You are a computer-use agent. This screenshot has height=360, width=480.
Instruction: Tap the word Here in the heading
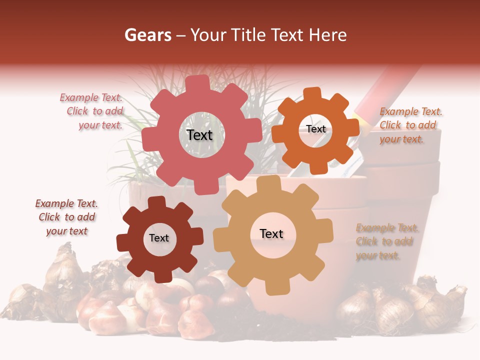click(328, 35)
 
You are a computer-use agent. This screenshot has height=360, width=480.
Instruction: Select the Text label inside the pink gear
click(199, 135)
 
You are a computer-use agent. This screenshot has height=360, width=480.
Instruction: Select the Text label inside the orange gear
click(315, 129)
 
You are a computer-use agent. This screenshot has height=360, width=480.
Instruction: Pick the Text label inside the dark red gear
click(159, 238)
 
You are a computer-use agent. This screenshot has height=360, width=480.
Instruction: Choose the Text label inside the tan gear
click(271, 233)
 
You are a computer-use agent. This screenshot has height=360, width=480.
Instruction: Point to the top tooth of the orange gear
click(312, 93)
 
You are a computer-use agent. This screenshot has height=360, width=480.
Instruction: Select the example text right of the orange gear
click(410, 125)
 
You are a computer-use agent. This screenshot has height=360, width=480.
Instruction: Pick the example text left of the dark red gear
click(66, 217)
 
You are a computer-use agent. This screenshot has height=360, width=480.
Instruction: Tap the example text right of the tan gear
click(386, 242)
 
